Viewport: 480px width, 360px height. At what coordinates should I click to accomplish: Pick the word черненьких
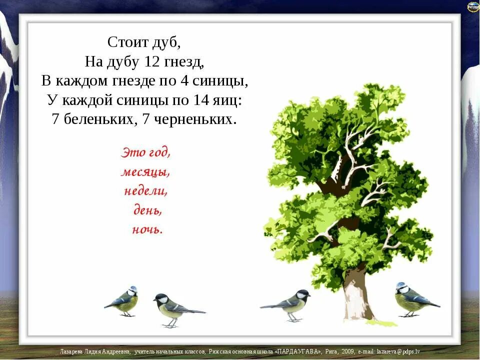click(x=194, y=119)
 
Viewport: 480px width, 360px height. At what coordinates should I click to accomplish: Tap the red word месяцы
click(x=145, y=172)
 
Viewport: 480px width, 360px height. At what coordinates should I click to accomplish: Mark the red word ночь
click(x=147, y=229)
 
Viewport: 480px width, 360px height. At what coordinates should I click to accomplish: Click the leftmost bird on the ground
click(x=122, y=301)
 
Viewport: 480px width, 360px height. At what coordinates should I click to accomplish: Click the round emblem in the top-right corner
click(x=472, y=6)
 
